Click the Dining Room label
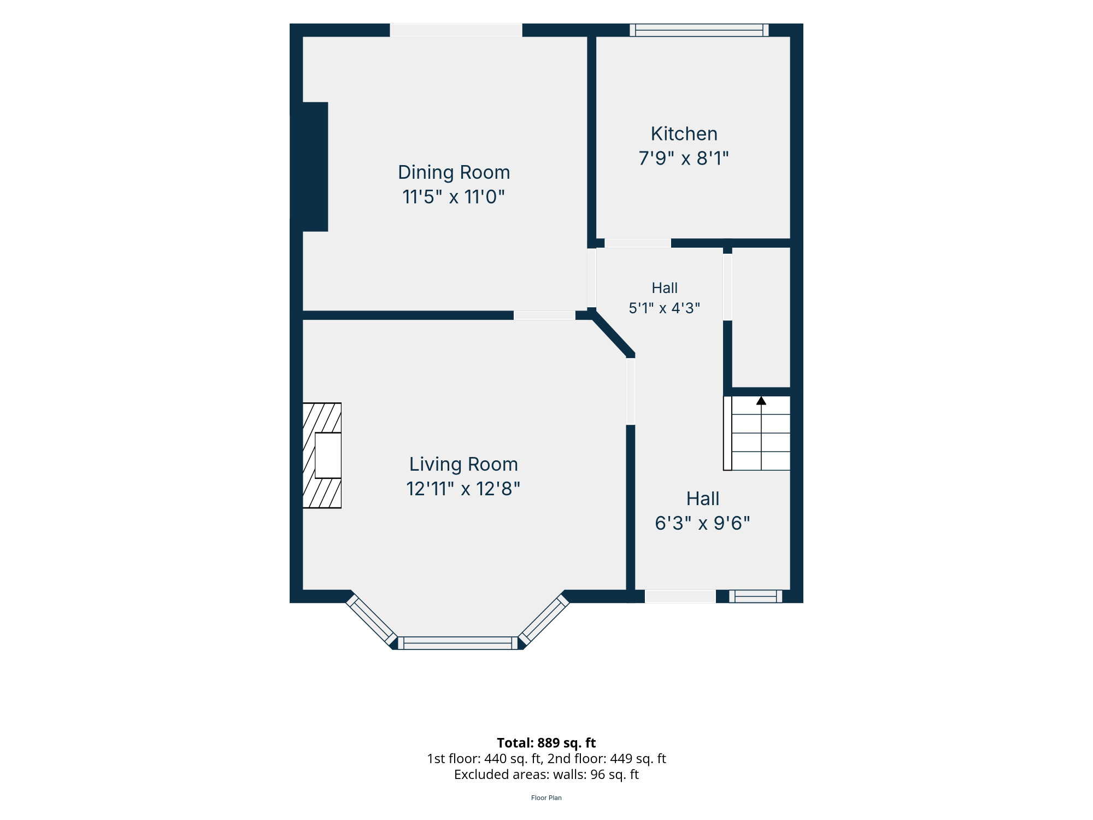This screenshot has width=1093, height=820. (454, 172)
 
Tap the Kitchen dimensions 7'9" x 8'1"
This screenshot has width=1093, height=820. (684, 158)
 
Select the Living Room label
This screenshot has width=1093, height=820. (463, 464)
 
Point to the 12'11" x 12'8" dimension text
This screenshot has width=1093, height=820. (463, 488)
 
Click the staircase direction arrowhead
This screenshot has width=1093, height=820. (761, 401)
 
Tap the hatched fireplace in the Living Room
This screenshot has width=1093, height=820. (322, 455)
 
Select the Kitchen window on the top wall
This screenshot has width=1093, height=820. (699, 30)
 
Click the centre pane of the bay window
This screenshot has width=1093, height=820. (457, 643)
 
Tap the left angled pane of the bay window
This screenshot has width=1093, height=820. (372, 620)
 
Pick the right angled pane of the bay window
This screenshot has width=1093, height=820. (544, 620)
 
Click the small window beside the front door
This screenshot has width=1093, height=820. (755, 596)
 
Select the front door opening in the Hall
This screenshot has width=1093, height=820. (680, 596)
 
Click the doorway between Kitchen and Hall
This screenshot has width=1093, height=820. (638, 243)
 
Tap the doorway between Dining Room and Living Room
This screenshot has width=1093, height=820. (544, 315)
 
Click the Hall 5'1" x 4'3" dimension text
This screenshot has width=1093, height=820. (664, 308)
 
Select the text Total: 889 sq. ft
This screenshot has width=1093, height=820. (546, 743)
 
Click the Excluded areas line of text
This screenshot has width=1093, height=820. (546, 775)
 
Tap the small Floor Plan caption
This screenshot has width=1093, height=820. (546, 798)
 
